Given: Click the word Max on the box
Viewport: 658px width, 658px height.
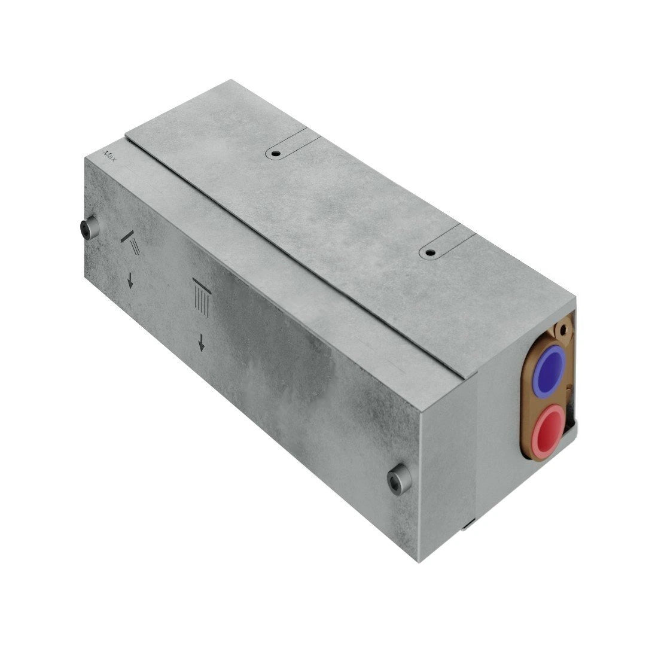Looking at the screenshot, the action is click(110, 156).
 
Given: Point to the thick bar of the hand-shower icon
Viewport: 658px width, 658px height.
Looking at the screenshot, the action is click(127, 236).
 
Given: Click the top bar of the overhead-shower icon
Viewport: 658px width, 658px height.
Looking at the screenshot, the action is click(202, 285).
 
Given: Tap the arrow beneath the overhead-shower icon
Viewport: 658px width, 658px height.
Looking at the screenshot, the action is click(202, 342).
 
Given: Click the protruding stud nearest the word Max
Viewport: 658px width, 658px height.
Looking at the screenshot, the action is click(89, 229).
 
